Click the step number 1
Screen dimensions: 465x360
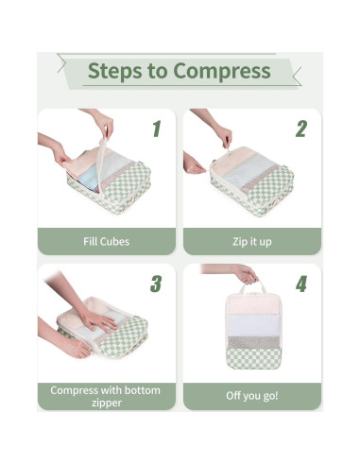click(156, 129)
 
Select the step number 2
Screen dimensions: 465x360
click(300, 129)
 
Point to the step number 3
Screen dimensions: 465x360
click(156, 284)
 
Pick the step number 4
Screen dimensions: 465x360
click(300, 284)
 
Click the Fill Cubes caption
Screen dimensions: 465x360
click(106, 241)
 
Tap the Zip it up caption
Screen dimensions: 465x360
click(251, 241)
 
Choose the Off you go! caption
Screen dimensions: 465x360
click(251, 395)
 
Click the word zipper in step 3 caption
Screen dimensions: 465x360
click(106, 402)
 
